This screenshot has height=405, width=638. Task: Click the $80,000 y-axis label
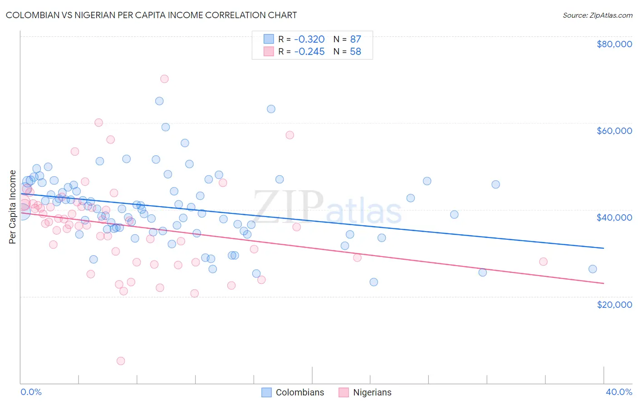pyautogui.click(x=614, y=44)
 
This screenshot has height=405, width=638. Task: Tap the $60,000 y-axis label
pyautogui.click(x=614, y=131)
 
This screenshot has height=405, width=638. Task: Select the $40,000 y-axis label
pyautogui.click(x=614, y=217)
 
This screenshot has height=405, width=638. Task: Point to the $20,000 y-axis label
pyautogui.click(x=614, y=304)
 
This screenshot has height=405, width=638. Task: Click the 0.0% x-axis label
pyautogui.click(x=31, y=392)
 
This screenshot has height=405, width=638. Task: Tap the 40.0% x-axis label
pyautogui.click(x=618, y=392)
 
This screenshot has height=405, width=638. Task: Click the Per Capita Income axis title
pyautogui.click(x=12, y=207)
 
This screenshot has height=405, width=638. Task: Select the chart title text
pyautogui.click(x=151, y=15)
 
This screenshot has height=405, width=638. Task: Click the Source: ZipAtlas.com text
pyautogui.click(x=597, y=15)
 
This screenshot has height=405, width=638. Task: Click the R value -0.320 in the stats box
pyautogui.click(x=309, y=39)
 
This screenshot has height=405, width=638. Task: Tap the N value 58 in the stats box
pyautogui.click(x=355, y=52)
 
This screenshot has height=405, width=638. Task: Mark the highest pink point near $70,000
pyautogui.click(x=164, y=79)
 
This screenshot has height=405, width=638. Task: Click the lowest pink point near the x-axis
pyautogui.click(x=121, y=361)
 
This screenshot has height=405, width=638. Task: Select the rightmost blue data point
pyautogui.click(x=592, y=269)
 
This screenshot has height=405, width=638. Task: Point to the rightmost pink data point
pyautogui.click(x=543, y=262)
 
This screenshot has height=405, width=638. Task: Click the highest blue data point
pyautogui.click(x=159, y=101)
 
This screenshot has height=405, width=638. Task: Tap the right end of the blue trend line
pyautogui.click(x=604, y=248)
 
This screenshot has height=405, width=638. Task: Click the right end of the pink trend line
pyautogui.click(x=604, y=283)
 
